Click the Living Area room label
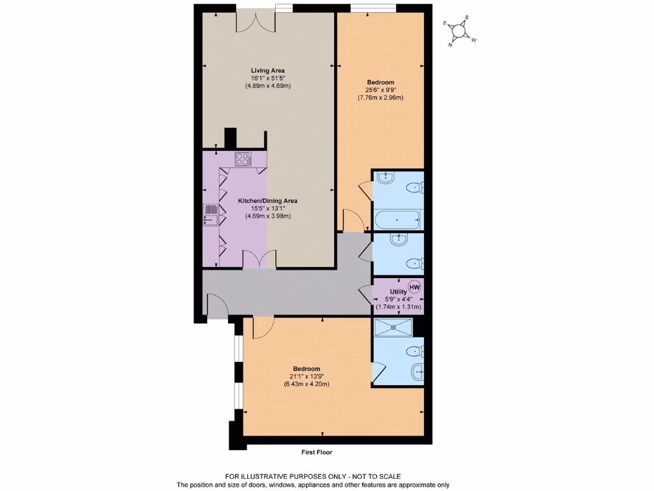coord(268,70)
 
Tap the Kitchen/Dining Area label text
coord(268,201)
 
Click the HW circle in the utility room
coord(414,287)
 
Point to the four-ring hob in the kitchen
coord(243,158)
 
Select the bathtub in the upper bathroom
coord(397,220)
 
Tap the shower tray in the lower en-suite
coord(392,327)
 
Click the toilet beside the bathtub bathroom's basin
coord(416,187)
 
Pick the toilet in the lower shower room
coord(416,350)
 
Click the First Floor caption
coord(317,452)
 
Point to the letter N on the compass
coord(451,45)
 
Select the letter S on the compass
coord(467,17)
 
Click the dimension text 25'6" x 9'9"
coord(380,90)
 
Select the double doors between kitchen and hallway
coord(259,260)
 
